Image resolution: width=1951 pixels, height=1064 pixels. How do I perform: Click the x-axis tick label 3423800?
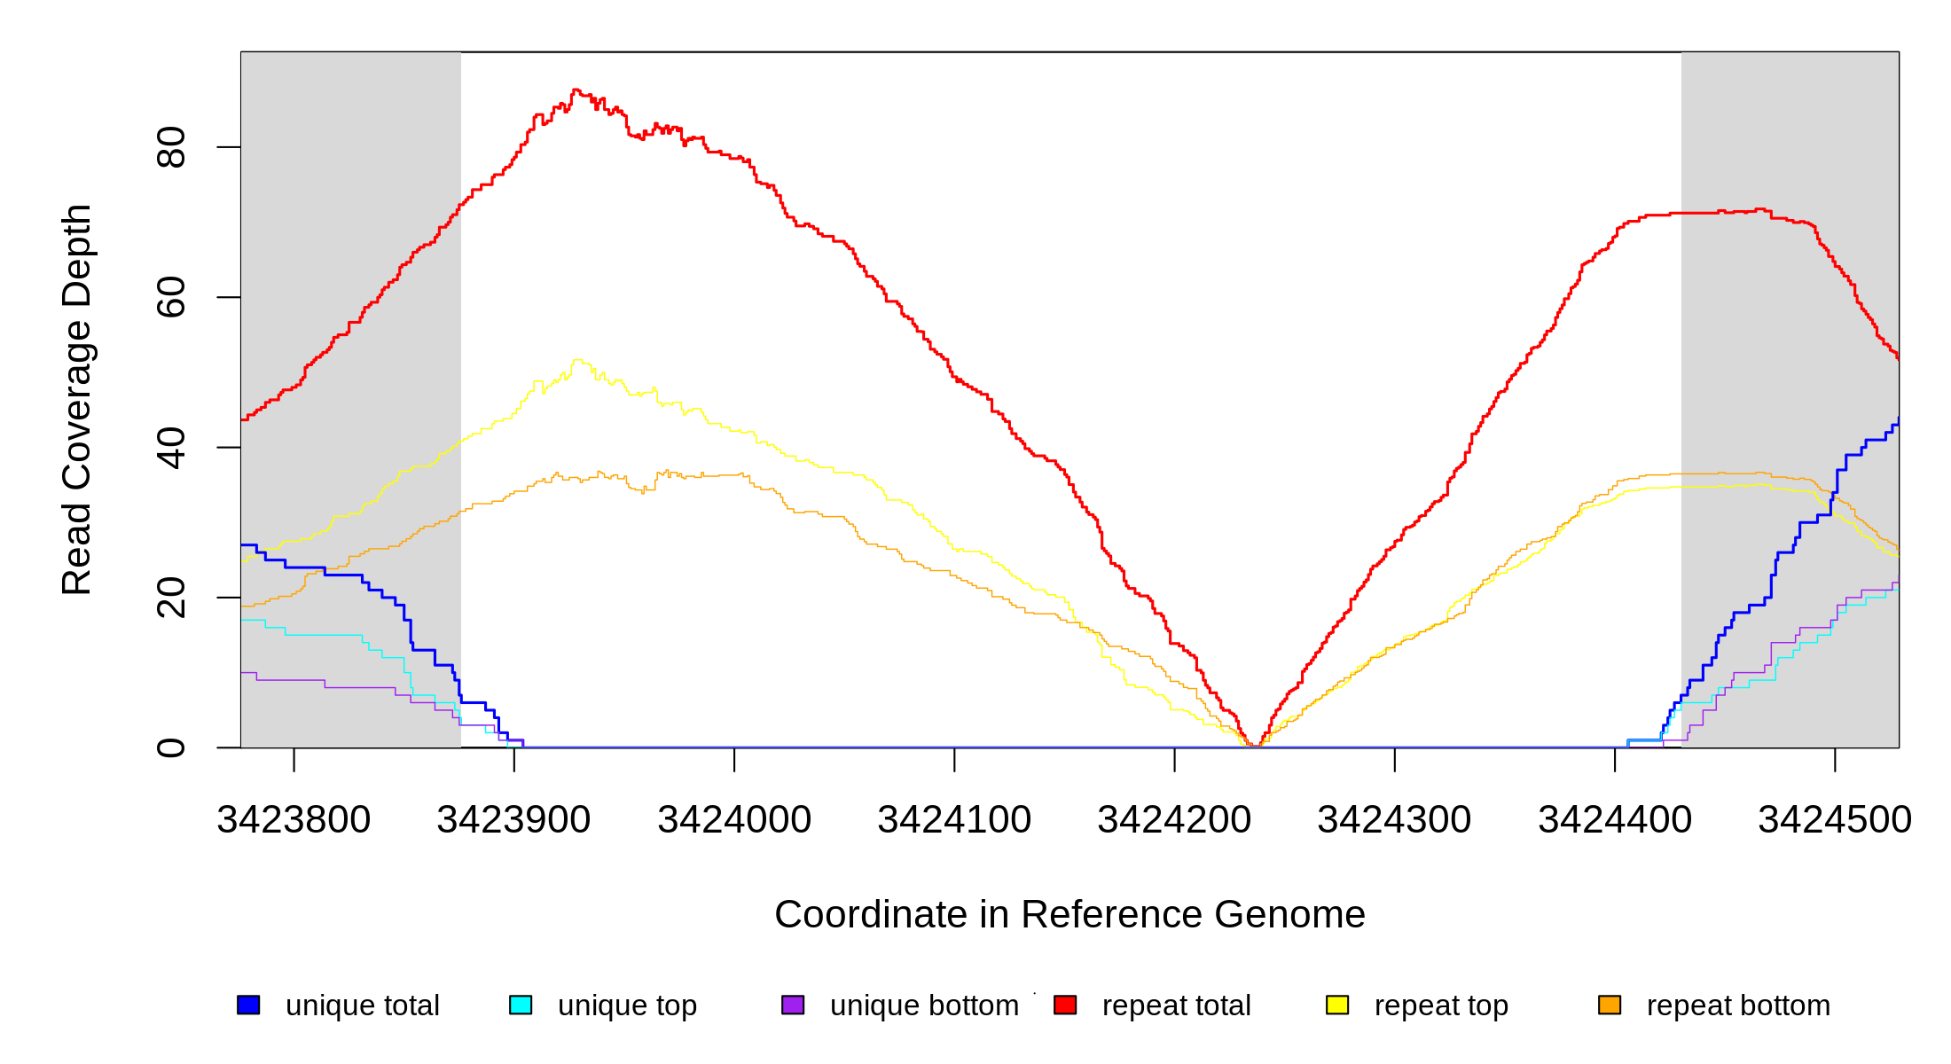click(x=294, y=820)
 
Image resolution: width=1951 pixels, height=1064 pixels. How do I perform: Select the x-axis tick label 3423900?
click(x=513, y=820)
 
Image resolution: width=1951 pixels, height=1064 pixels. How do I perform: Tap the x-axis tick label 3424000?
click(x=734, y=820)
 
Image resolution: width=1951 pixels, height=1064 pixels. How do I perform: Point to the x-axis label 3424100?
click(x=954, y=820)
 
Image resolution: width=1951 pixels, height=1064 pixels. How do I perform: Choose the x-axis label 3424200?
click(x=1174, y=820)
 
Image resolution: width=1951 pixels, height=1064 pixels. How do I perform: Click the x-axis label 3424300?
click(x=1394, y=820)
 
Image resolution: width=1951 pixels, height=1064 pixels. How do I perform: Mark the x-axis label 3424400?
click(x=1615, y=820)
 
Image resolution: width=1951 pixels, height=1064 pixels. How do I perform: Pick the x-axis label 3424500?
click(x=1835, y=820)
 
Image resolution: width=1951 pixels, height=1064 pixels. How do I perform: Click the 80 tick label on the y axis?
click(x=171, y=147)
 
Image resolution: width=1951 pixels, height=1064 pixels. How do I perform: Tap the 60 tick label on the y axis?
click(x=171, y=297)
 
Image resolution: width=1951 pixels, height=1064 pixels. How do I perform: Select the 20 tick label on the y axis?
click(x=171, y=598)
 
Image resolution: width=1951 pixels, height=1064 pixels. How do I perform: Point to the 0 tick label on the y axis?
click(x=171, y=747)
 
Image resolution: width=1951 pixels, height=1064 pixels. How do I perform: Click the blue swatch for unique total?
click(x=248, y=1005)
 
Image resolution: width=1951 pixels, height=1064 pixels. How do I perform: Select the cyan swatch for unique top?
click(x=521, y=1005)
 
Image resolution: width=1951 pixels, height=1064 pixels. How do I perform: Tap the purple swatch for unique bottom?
click(x=793, y=1005)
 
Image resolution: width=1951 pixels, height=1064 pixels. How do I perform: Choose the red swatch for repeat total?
click(x=1065, y=1005)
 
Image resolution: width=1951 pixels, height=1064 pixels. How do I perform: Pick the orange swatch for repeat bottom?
click(x=1610, y=1005)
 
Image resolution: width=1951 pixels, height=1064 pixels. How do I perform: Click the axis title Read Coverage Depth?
click(x=77, y=399)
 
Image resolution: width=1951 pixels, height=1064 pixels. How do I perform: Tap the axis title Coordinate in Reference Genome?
click(x=1070, y=914)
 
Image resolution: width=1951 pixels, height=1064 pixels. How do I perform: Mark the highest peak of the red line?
click(x=576, y=90)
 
